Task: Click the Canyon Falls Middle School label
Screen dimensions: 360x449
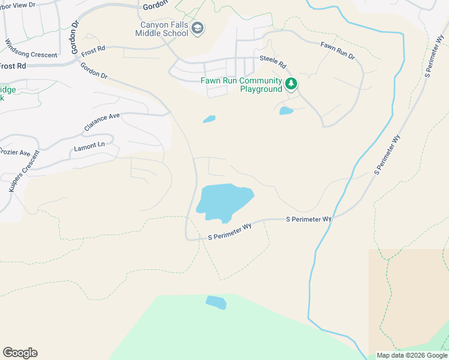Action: coord(164,29)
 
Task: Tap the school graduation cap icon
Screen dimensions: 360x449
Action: coord(198,28)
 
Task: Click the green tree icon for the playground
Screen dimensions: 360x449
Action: coord(291,83)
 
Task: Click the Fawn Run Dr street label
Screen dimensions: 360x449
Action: coord(337,50)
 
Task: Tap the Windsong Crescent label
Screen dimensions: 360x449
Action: coord(31,49)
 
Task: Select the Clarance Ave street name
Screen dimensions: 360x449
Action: coord(102,122)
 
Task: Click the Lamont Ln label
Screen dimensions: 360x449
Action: coord(89,146)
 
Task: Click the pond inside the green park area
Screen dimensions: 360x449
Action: coord(216,302)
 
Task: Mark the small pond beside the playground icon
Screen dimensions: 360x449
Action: coord(286,111)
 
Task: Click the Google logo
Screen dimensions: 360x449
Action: coord(20,352)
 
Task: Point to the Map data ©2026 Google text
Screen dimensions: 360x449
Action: coord(412,355)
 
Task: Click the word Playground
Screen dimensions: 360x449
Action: coord(261,89)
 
